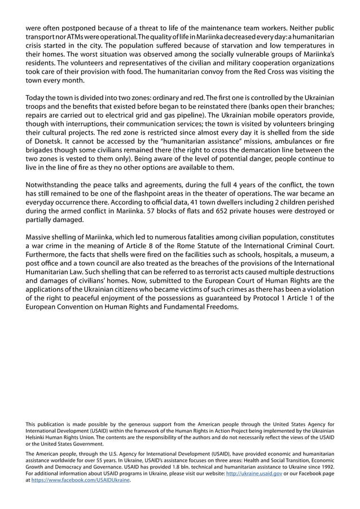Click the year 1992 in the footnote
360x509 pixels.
click(x=325, y=467)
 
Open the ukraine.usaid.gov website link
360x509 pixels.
click(x=253, y=474)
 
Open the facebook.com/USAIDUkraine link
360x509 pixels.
click(x=80, y=481)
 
